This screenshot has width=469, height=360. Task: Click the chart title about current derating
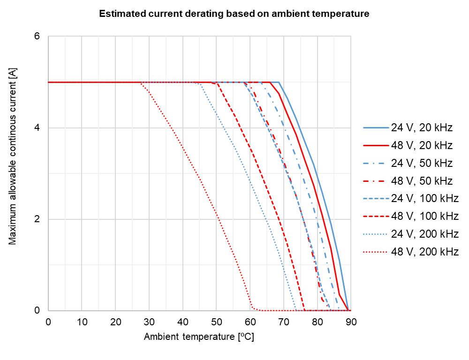[234, 14]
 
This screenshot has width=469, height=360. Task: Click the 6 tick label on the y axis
[38, 37]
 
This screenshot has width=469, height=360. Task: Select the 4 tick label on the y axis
[38, 128]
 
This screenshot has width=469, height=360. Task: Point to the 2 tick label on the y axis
[38, 219]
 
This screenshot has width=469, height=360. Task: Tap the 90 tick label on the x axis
[351, 322]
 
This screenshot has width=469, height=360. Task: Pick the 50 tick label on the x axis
[216, 322]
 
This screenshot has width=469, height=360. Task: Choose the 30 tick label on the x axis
[149, 322]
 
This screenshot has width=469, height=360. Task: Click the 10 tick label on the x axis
[82, 322]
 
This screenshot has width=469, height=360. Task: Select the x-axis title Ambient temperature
[199, 337]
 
